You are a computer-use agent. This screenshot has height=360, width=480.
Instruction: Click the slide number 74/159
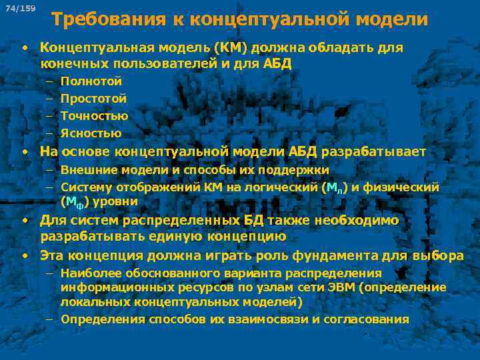pos(19,9)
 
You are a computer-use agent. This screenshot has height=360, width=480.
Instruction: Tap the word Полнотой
pos(91,81)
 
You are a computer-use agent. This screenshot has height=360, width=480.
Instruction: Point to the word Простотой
pos(93,99)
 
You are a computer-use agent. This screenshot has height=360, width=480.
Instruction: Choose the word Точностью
pos(94,116)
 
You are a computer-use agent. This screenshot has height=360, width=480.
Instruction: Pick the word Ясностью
pos(91,133)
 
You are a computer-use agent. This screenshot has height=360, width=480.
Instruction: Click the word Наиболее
pos(87,273)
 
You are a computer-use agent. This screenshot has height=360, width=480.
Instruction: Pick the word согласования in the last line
pos(371,319)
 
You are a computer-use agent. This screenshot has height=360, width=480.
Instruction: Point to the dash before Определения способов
pos(50,319)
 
